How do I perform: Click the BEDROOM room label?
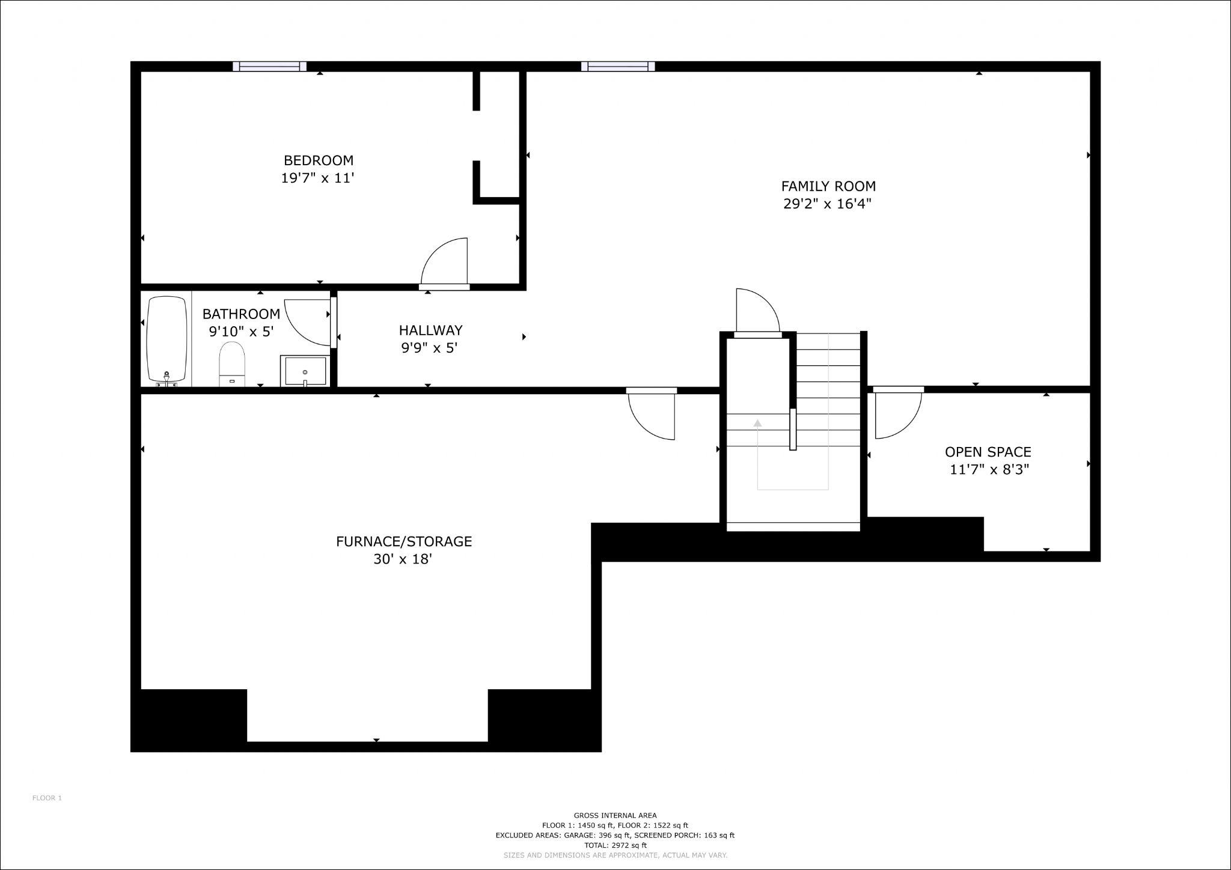[319, 160]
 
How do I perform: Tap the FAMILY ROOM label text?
[828, 186]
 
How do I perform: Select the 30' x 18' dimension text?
[403, 559]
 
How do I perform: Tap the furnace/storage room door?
[652, 414]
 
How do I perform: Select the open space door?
[898, 413]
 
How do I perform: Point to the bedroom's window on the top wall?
[269, 66]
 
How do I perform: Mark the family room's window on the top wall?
[618, 66]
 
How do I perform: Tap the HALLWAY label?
[430, 330]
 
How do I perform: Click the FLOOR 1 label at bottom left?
[47, 798]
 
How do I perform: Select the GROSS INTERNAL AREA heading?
[615, 815]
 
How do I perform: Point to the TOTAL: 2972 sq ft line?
[615, 845]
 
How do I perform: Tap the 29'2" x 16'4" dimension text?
[827, 204]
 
